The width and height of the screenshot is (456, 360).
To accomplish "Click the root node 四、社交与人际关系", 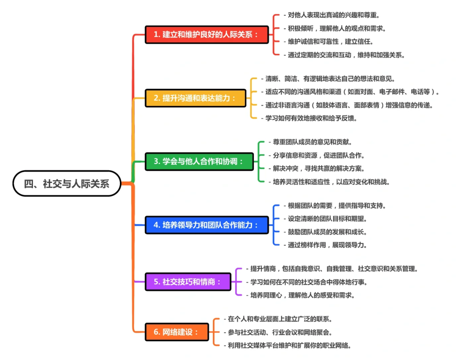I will pyautogui.click(x=67, y=183).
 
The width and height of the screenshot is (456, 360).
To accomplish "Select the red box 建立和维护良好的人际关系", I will pyautogui.click(x=206, y=34).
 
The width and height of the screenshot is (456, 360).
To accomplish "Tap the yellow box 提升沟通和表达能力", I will pyautogui.click(x=195, y=98).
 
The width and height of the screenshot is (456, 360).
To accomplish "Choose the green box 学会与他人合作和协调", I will pyautogui.click(x=199, y=161).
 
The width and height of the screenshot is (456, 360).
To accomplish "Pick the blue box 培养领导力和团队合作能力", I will pyautogui.click(x=206, y=225).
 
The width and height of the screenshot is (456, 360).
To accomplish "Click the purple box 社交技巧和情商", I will pyautogui.click(x=188, y=282).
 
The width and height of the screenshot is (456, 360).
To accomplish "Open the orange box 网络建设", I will pyautogui.click(x=177, y=332).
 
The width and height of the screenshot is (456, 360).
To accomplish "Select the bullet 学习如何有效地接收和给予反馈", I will pyautogui.click(x=309, y=118).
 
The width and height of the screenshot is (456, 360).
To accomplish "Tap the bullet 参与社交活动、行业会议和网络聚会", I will pyautogui.click(x=280, y=332).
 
